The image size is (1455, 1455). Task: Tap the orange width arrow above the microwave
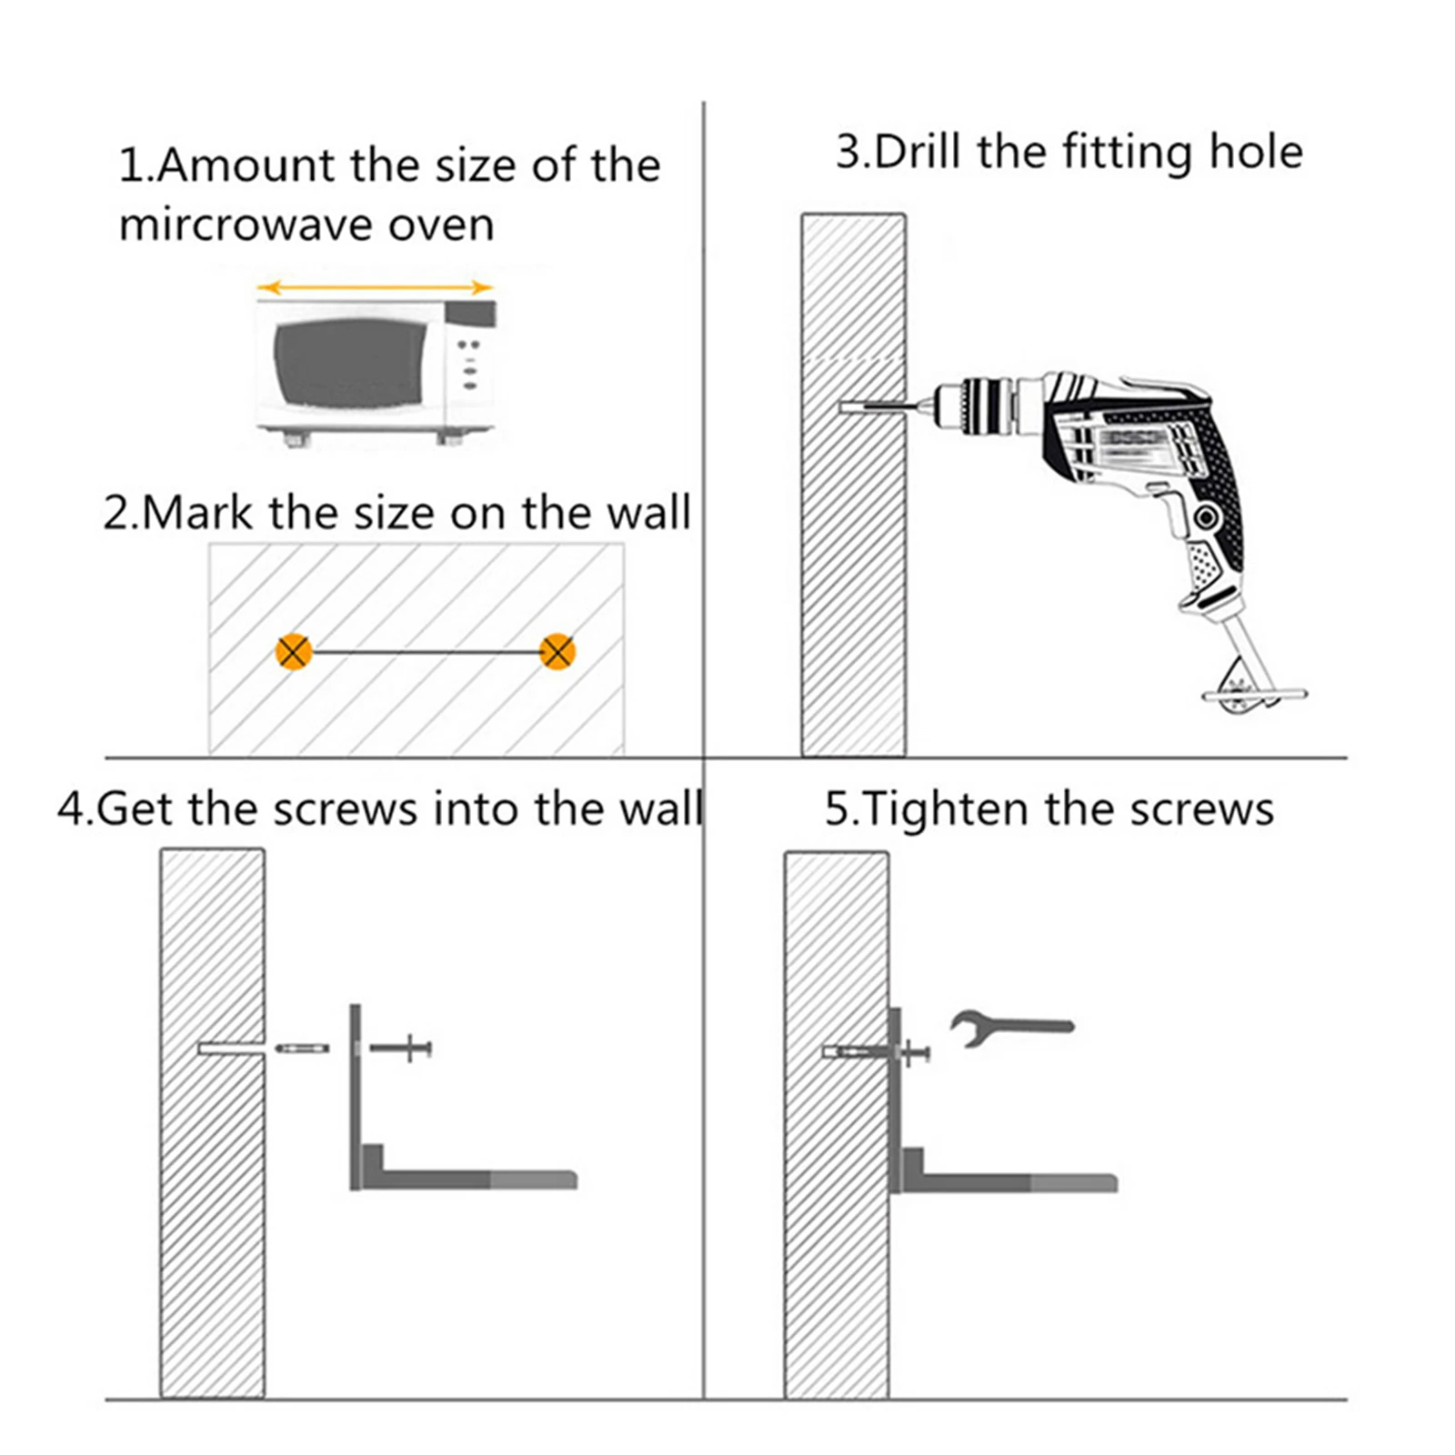pyautogui.click(x=375, y=288)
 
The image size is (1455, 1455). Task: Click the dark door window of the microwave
pyautogui.click(x=350, y=363)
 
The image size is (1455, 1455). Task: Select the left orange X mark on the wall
pyautogui.click(x=294, y=652)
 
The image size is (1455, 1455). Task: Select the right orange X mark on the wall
pyautogui.click(x=557, y=651)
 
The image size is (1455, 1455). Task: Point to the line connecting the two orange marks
pyautogui.click(x=426, y=652)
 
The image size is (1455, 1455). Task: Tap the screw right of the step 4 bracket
pyautogui.click(x=401, y=1049)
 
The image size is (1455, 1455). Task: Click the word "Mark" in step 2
pyautogui.click(x=197, y=512)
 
